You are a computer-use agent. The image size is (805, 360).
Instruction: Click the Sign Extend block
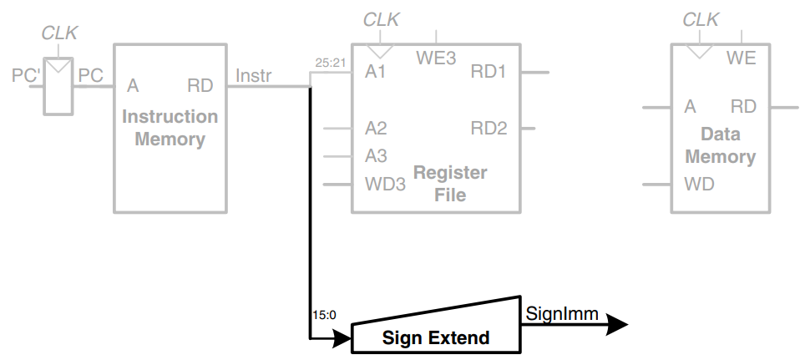pyautogui.click(x=435, y=336)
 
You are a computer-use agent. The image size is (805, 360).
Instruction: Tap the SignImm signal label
pyautogui.click(x=562, y=313)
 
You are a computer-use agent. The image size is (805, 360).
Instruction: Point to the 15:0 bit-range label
pyautogui.click(x=323, y=315)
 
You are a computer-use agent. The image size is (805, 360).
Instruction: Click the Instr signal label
pyautogui.click(x=254, y=76)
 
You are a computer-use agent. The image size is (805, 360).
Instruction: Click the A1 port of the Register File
pyautogui.click(x=376, y=72)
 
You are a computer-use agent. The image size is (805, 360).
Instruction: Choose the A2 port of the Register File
pyautogui.click(x=376, y=129)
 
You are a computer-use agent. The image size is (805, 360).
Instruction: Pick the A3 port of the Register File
pyautogui.click(x=376, y=155)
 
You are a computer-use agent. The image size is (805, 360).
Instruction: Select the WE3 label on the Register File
pyautogui.click(x=436, y=58)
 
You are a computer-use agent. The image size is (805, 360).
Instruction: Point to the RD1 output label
pyautogui.click(x=489, y=72)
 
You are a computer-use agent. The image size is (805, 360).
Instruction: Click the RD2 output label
pyautogui.click(x=489, y=129)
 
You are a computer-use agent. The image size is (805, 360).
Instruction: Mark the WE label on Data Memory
pyautogui.click(x=741, y=58)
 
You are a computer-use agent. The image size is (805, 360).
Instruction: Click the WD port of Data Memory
pyautogui.click(x=699, y=184)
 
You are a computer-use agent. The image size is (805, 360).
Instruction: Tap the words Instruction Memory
pyautogui.click(x=170, y=128)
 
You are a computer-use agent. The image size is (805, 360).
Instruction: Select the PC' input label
pyautogui.click(x=24, y=76)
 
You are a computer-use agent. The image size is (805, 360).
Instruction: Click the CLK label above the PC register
pyautogui.click(x=59, y=33)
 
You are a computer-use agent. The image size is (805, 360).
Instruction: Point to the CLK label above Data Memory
pyautogui.click(x=700, y=19)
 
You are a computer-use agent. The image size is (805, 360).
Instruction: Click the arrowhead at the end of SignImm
pyautogui.click(x=616, y=324)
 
